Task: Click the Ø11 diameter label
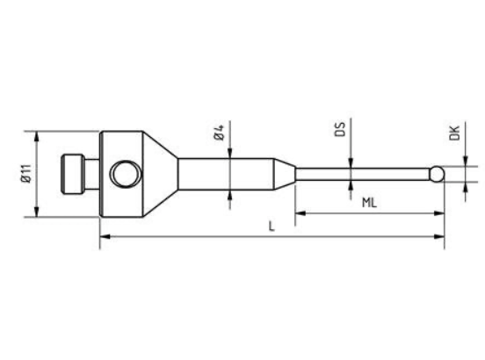pyautogui.click(x=25, y=175)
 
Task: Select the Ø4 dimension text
pyautogui.click(x=220, y=133)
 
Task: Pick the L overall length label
pyautogui.click(x=271, y=227)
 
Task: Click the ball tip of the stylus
pyautogui.click(x=437, y=174)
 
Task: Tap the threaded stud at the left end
pyautogui.click(x=73, y=175)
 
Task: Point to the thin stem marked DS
pyautogui.click(x=360, y=174)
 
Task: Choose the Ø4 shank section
pyautogui.click(x=228, y=174)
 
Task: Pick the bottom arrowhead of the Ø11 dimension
pyautogui.click(x=37, y=214)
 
